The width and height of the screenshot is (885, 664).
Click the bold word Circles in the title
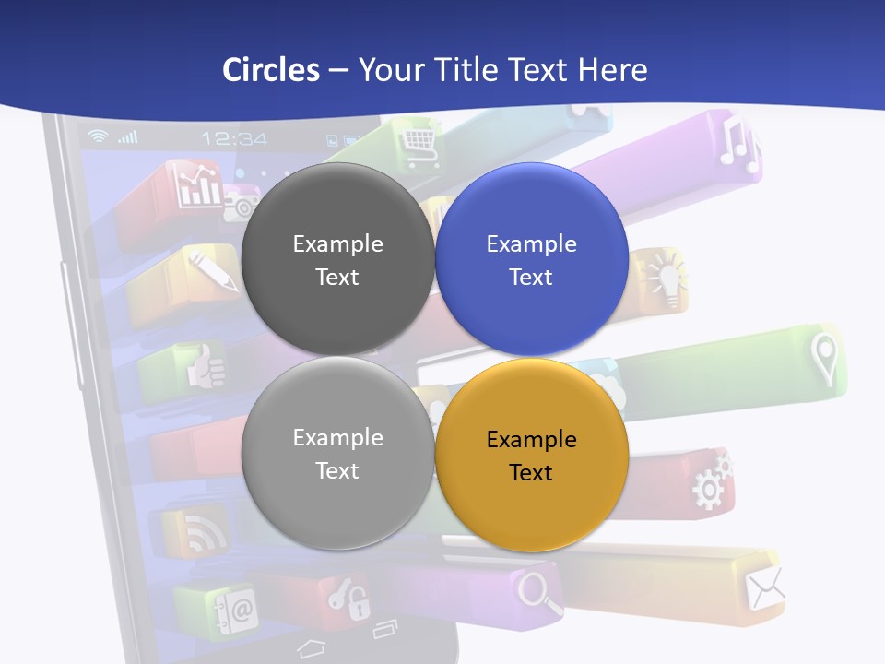tap(270, 70)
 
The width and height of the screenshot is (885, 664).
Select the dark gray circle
tap(337, 259)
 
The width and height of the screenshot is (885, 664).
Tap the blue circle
tap(531, 259)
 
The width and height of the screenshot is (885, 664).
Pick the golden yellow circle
tap(531, 455)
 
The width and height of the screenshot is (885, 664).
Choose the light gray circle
tap(337, 453)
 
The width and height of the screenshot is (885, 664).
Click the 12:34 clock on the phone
tap(234, 139)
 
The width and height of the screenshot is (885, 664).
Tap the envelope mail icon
tap(765, 588)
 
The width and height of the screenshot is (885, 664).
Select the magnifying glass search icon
tap(539, 591)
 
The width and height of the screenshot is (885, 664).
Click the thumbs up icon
tap(206, 368)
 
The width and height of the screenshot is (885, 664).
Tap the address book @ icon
tap(235, 610)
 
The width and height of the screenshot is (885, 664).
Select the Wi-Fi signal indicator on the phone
tap(97, 136)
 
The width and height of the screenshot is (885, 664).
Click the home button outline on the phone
tap(312, 646)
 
